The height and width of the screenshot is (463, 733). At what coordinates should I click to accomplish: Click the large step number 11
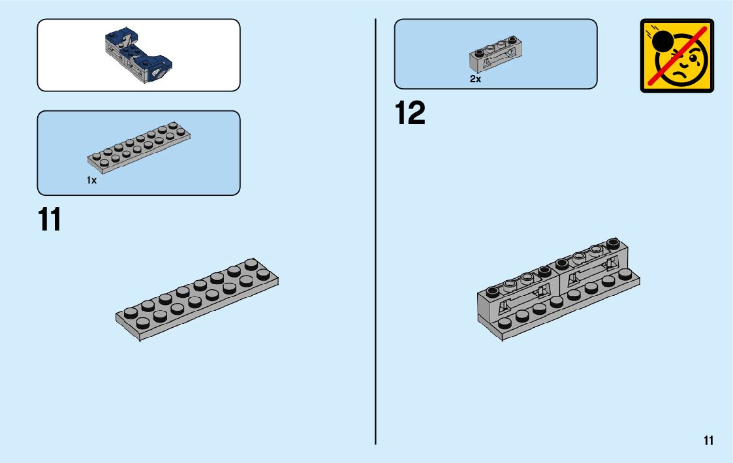[x=50, y=220]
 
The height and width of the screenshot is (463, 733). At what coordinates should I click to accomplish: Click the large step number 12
[x=410, y=114]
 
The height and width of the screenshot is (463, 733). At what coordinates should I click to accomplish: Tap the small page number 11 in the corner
[x=709, y=441]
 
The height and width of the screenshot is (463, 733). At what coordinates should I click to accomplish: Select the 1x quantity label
[x=91, y=180]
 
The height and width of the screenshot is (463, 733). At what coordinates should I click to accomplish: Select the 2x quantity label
[x=475, y=79]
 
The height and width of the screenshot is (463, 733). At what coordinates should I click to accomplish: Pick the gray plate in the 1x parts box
[x=138, y=147]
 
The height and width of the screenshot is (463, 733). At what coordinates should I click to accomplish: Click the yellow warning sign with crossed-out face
[x=677, y=56]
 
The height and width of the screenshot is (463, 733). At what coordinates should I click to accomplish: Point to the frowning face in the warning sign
[x=685, y=65]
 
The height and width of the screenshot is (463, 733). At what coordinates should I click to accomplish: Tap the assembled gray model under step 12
[x=559, y=291]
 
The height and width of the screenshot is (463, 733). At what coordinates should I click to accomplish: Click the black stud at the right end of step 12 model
[x=612, y=244]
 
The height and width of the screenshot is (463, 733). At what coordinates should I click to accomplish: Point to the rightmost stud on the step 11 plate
[x=263, y=274]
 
